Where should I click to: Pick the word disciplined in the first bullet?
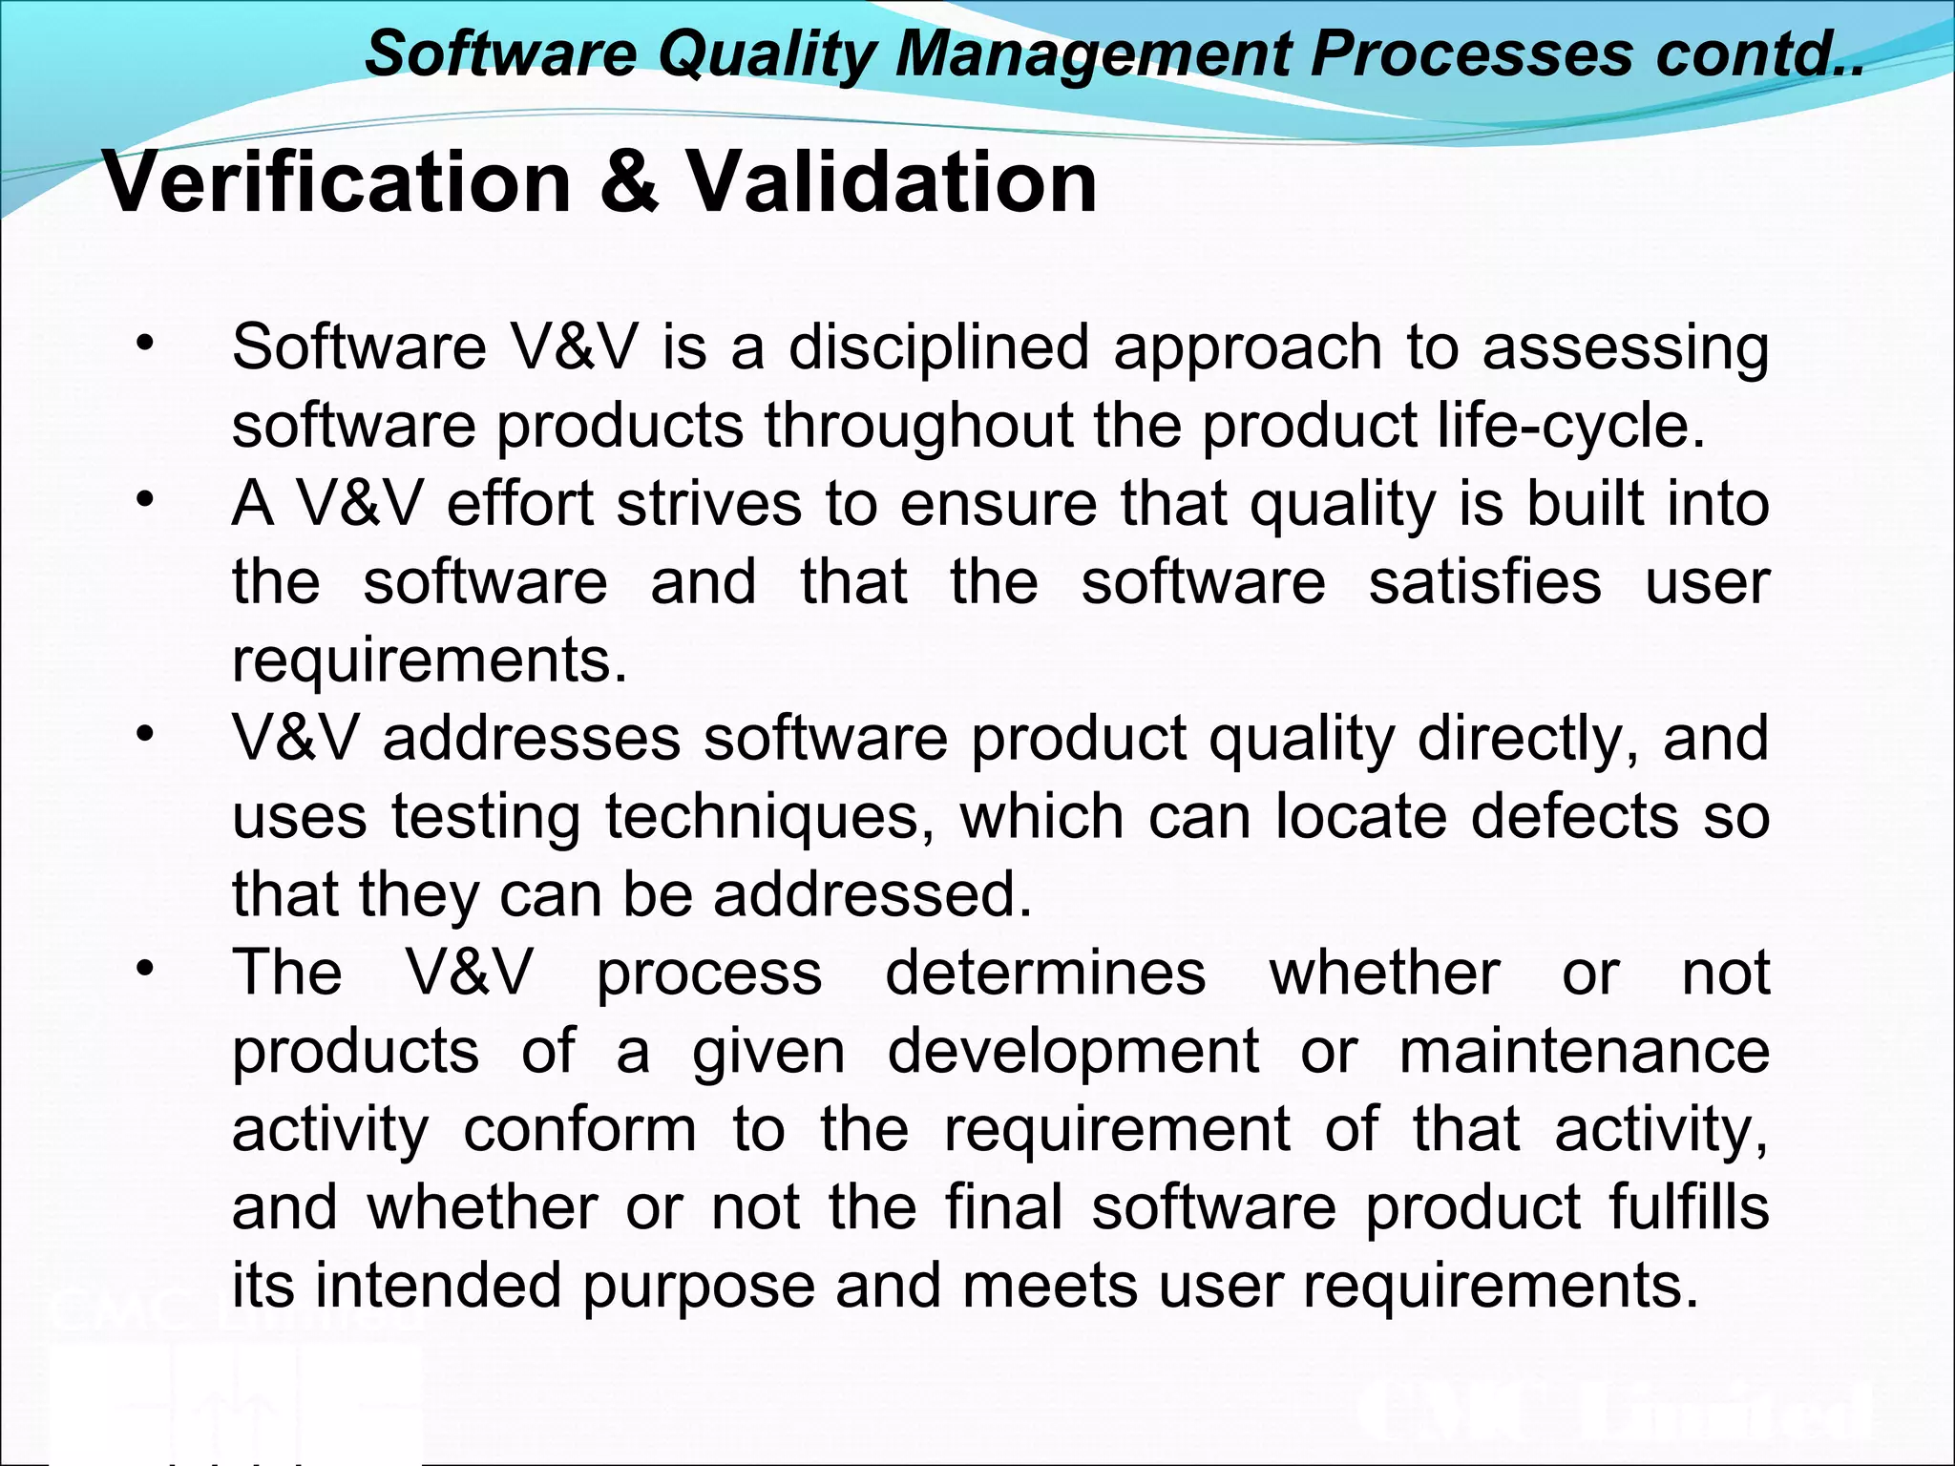point(938,346)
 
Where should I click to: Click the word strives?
point(709,503)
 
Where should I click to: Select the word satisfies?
point(1484,581)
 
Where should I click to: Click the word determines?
point(1045,974)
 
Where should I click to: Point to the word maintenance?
point(1585,1052)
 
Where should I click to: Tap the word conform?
point(580,1130)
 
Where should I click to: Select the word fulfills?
point(1689,1207)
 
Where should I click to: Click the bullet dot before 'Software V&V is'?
point(144,344)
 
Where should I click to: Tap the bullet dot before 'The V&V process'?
point(144,970)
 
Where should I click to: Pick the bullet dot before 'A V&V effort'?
point(144,500)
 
